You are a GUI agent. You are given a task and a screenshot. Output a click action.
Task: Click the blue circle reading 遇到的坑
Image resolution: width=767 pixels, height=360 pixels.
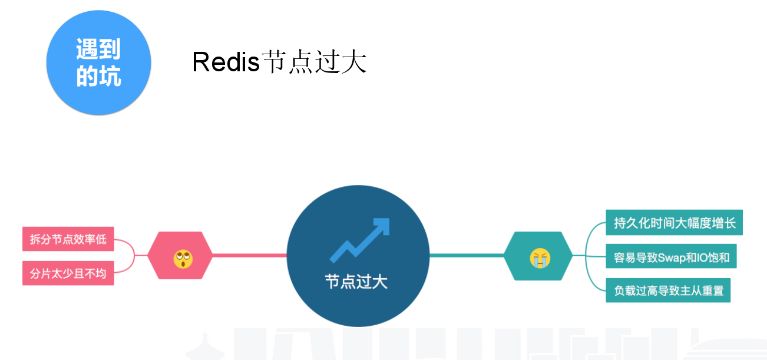(x=98, y=63)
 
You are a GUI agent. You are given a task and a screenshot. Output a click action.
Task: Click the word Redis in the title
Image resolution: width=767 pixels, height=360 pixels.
(x=226, y=62)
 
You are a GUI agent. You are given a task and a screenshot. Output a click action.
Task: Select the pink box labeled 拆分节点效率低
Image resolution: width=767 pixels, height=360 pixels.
(x=68, y=239)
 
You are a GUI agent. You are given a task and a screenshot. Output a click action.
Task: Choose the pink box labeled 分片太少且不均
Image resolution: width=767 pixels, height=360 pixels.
(x=68, y=273)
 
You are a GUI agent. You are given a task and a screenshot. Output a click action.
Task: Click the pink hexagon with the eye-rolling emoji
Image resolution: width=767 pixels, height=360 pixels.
(x=180, y=256)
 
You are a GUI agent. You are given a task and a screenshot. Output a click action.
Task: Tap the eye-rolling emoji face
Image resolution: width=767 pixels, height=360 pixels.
(x=183, y=258)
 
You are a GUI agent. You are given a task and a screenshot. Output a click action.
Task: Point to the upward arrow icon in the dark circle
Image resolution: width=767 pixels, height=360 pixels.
(x=359, y=240)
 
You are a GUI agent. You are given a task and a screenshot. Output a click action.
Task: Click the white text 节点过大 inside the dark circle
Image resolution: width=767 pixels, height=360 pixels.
(x=356, y=281)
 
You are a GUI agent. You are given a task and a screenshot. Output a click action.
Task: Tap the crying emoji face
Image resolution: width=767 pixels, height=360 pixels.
(x=540, y=258)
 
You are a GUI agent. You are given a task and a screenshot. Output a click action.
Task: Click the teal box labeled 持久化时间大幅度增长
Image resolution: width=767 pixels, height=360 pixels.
(x=674, y=223)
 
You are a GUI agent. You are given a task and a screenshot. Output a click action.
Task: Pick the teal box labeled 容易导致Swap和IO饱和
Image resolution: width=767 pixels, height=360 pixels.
(x=671, y=257)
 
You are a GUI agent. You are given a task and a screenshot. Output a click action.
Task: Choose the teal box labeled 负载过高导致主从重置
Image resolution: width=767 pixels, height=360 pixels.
(x=668, y=290)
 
